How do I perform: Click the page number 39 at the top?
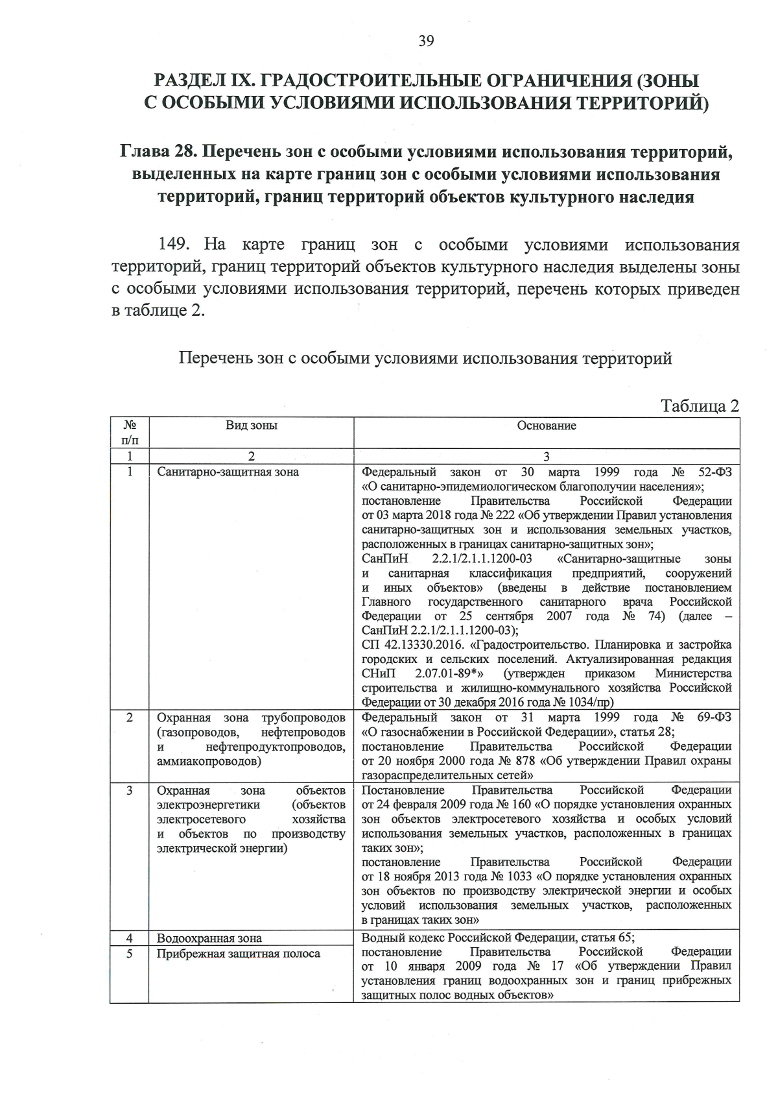tap(425, 42)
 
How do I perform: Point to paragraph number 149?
tap(173, 245)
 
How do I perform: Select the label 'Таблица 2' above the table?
tap(700, 406)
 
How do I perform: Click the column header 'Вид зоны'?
tap(251, 426)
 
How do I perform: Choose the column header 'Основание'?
tap(546, 426)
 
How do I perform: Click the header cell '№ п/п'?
tap(130, 433)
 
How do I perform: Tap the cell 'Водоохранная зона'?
tap(209, 938)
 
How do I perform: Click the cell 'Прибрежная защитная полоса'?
tap(238, 953)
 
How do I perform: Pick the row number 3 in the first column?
tap(130, 790)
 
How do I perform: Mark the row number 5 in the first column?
tap(130, 953)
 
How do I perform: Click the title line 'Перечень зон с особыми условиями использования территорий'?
tap(425, 358)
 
